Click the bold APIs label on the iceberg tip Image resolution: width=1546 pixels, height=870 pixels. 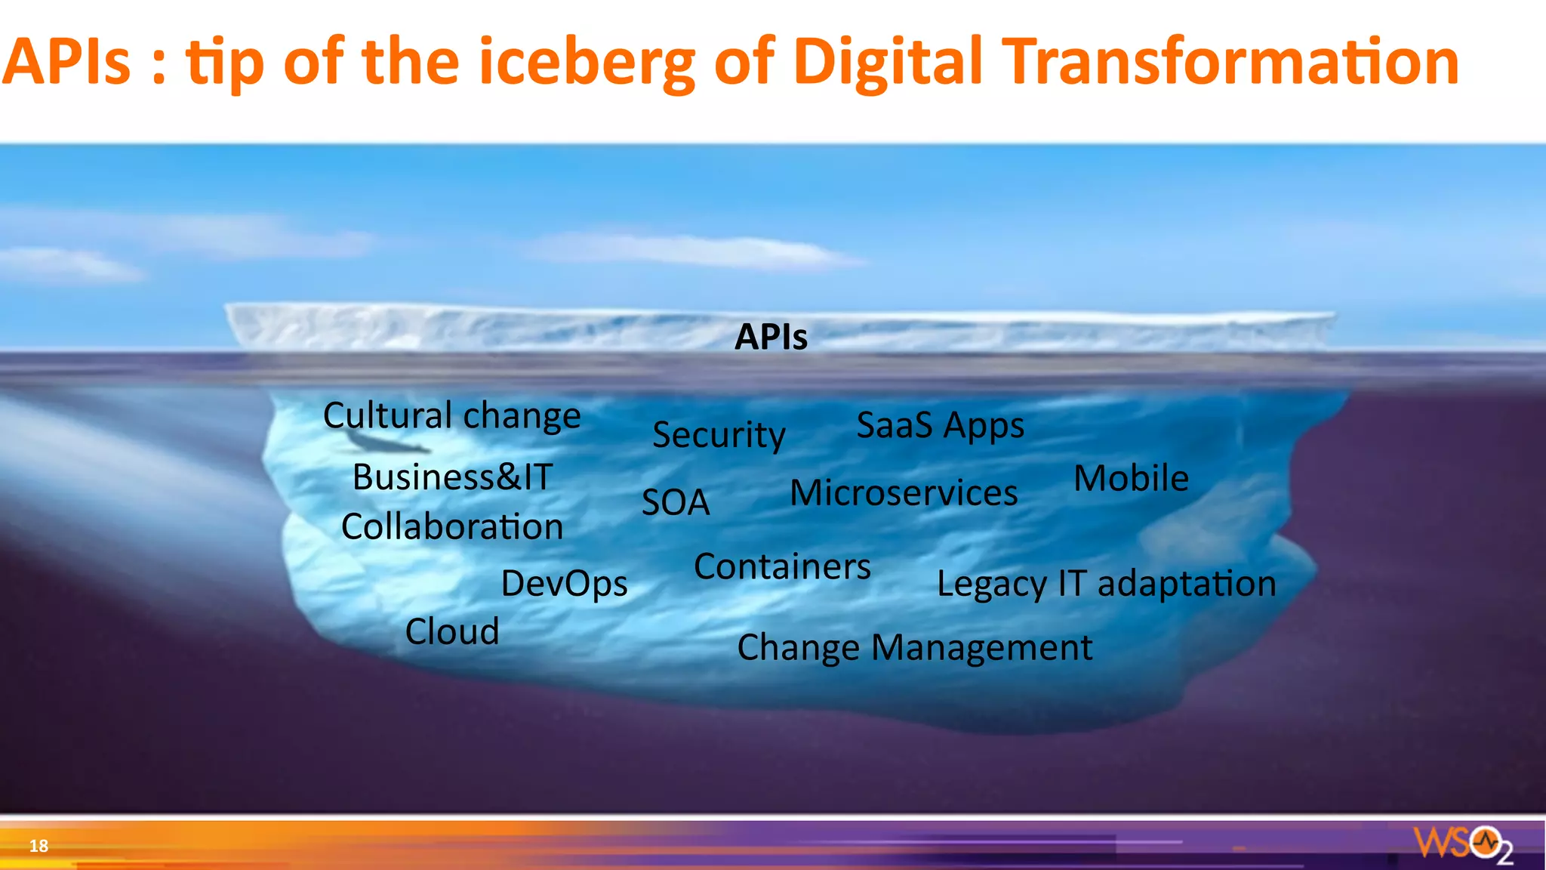(771, 337)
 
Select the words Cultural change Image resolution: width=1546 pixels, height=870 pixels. (451, 416)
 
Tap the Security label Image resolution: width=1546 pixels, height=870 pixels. (719, 435)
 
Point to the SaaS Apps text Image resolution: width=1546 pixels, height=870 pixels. (940, 426)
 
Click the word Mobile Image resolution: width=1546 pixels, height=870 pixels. (1131, 478)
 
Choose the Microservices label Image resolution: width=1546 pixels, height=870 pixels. (904, 493)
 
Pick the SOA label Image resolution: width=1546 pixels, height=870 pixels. (676, 503)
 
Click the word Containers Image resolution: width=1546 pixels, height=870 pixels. (782, 566)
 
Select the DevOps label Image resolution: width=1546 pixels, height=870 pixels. (564, 584)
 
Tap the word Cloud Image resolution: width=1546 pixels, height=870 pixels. (452, 631)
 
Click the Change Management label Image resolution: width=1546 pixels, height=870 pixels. (914, 648)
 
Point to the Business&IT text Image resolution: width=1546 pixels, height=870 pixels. (452, 477)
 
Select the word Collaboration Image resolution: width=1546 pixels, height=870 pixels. (452, 527)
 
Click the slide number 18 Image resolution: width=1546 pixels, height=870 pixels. (38, 846)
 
